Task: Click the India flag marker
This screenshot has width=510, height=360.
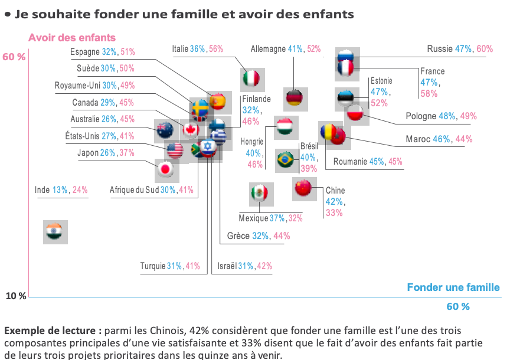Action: point(57,232)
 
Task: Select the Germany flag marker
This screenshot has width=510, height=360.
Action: point(293,99)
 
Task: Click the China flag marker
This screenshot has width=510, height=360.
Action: point(303,188)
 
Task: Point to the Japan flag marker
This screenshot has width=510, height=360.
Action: point(166,169)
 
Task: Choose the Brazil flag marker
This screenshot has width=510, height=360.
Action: point(286,160)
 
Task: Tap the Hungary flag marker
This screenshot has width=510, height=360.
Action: point(286,127)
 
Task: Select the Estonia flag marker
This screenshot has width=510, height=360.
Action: point(345,97)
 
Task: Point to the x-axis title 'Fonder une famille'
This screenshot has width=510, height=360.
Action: point(453,287)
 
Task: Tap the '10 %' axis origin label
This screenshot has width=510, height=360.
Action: point(16,296)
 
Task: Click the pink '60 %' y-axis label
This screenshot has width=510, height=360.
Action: point(15,57)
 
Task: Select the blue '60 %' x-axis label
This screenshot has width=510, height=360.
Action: point(458,306)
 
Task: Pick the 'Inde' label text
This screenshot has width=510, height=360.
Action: point(42,190)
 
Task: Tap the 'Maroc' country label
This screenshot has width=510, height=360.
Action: point(418,139)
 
